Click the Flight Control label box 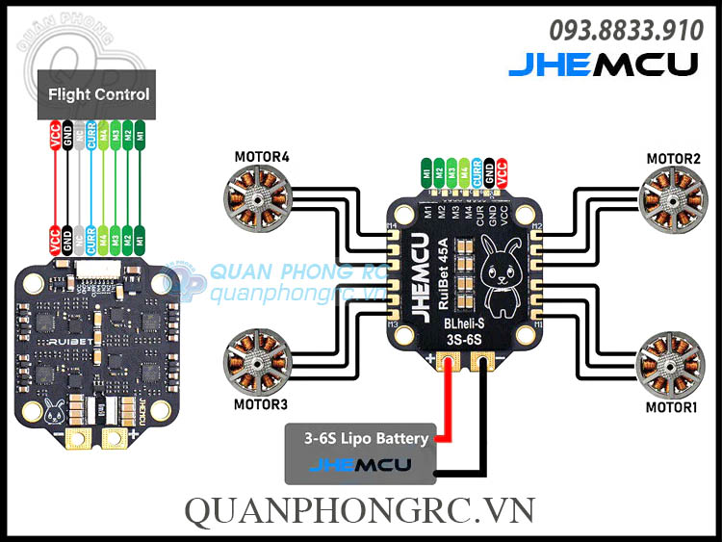pyautogui.click(x=99, y=94)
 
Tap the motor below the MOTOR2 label pyautogui.click(x=669, y=197)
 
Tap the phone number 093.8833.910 pyautogui.click(x=626, y=31)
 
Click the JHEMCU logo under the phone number pyautogui.click(x=603, y=65)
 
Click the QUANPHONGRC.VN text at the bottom pyautogui.click(x=360, y=509)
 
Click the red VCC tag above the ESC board pyautogui.click(x=502, y=172)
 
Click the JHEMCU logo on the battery pyautogui.click(x=360, y=466)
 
